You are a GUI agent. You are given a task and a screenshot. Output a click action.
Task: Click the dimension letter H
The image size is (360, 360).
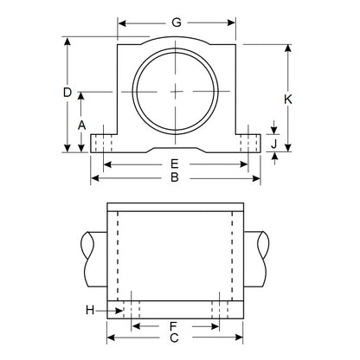(90, 310)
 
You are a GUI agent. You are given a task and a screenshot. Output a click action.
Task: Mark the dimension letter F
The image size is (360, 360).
(173, 327)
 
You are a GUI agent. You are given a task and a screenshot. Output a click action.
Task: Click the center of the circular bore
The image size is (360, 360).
(176, 91)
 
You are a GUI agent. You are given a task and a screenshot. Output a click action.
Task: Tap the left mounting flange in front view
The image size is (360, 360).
(102, 141)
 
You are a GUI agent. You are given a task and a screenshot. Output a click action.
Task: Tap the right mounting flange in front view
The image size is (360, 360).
(250, 141)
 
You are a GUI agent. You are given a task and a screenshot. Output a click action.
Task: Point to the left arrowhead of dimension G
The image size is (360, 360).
(120, 22)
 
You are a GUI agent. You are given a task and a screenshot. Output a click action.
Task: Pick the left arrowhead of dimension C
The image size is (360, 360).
(109, 339)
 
